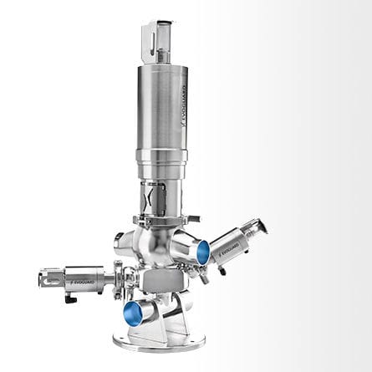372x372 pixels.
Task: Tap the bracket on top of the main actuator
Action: coord(158,37)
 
